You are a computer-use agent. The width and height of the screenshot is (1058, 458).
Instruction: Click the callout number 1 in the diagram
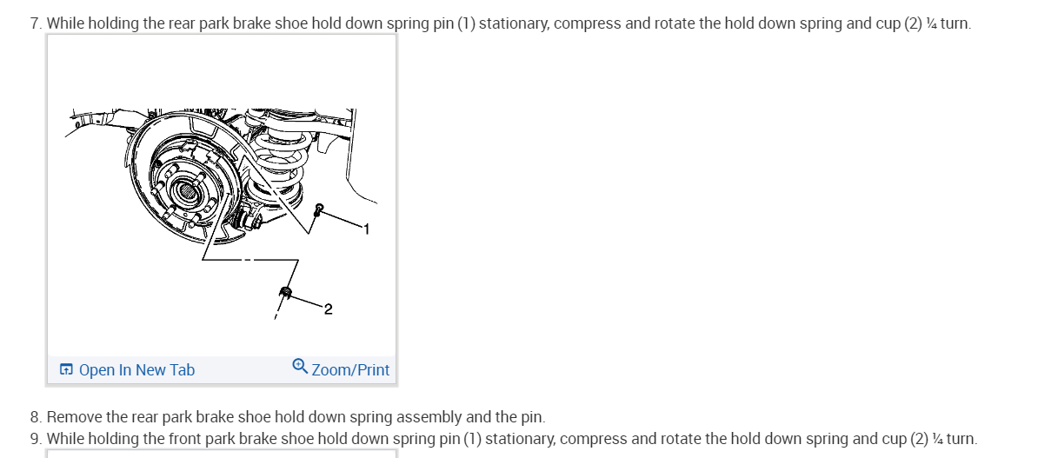366,229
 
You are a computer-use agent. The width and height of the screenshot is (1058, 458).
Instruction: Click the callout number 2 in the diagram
328,309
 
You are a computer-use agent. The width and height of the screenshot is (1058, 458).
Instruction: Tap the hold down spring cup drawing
285,292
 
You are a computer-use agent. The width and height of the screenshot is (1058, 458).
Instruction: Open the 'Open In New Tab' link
136,370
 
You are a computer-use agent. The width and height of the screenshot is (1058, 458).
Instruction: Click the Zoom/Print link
350,370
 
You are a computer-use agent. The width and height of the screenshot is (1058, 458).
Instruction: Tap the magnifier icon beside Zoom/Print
300,366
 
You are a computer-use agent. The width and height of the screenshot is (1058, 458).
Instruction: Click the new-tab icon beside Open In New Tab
66,370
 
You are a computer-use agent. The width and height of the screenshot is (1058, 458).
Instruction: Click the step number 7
35,23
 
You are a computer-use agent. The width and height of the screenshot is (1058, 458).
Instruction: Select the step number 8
35,418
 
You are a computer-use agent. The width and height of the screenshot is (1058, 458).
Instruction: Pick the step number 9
35,439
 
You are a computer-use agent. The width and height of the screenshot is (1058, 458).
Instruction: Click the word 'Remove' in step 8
74,418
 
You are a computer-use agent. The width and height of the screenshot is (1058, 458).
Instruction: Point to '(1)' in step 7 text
466,23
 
